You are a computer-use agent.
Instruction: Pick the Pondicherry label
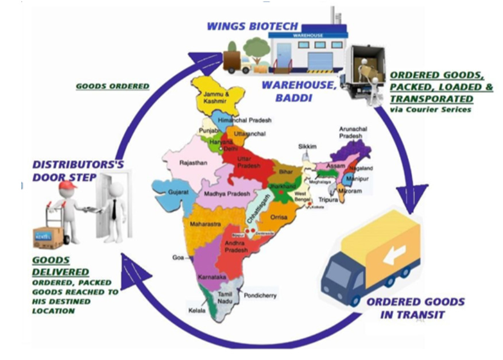click(x=261, y=296)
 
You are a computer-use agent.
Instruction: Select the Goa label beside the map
click(x=177, y=258)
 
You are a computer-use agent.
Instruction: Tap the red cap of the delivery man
click(x=67, y=185)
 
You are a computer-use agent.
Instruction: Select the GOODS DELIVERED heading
click(x=60, y=266)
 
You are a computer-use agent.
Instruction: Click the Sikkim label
click(x=307, y=147)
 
